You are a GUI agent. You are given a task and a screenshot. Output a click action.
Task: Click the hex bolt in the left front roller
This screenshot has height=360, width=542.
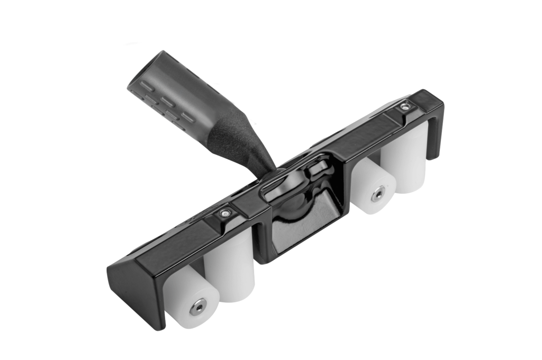point(198,307)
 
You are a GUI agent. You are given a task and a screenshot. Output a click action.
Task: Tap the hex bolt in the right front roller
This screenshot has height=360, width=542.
point(378,194)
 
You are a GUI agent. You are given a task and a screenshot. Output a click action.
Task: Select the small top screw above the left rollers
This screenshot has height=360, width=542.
point(226,213)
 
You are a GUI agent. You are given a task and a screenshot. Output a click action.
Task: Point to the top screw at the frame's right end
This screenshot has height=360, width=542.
point(405,106)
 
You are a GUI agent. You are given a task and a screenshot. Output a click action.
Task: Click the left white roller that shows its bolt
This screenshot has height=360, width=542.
point(191,296)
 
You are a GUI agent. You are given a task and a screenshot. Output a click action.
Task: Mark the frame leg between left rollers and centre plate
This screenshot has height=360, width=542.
point(260,238)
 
